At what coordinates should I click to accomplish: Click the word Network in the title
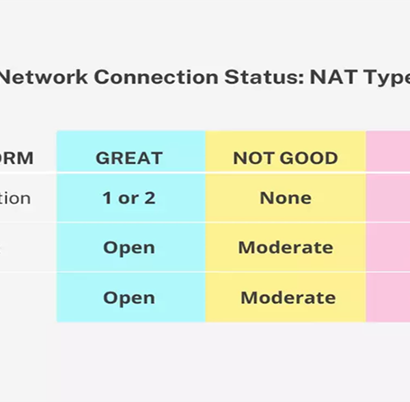coord(44,77)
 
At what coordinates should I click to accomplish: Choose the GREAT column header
coord(129,159)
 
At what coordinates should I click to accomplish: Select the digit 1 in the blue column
coord(107,198)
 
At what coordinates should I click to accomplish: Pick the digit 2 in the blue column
coord(150,198)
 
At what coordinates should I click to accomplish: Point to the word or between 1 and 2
coord(128,199)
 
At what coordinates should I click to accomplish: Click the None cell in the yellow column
coord(286,198)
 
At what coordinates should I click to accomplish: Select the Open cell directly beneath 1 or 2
coord(129,247)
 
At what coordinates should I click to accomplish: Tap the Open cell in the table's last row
coord(129,298)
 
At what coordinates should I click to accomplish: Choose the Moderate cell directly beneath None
coord(286,247)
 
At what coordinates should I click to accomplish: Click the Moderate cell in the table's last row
coord(288,298)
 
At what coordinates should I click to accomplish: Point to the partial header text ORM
coord(16,159)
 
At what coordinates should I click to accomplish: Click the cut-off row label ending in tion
coord(15,198)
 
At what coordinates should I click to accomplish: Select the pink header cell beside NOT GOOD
coord(388,152)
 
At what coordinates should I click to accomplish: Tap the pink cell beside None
coord(388,198)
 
